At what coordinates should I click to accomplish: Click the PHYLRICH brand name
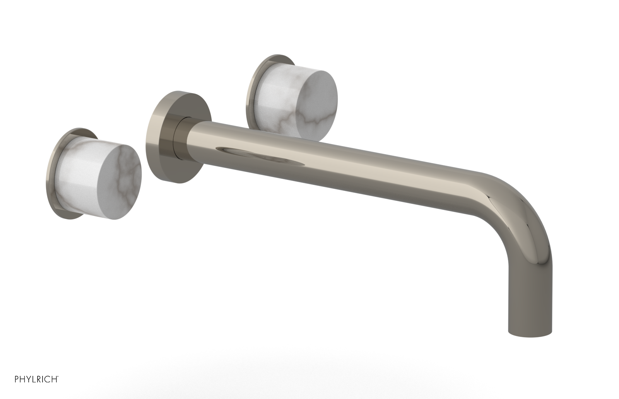pyautogui.click(x=36, y=389)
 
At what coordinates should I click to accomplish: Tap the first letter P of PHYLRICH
pyautogui.click(x=17, y=389)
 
